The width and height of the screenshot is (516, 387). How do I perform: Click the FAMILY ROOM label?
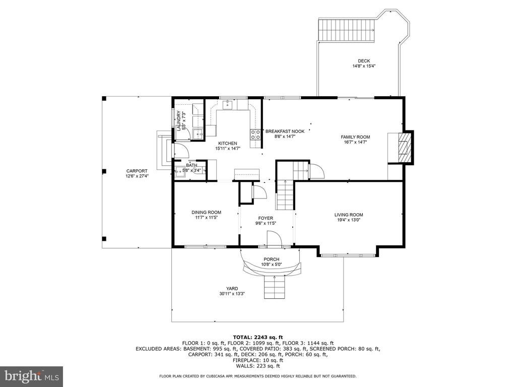355,137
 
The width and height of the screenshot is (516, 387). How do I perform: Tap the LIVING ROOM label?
349,215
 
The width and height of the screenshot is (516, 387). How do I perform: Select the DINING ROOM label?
206,212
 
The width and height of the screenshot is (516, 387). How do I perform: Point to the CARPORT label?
137,171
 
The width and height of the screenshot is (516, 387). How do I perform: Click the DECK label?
364,61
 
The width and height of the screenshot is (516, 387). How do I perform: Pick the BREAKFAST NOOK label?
285,132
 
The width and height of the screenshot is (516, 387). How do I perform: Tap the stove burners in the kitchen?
255,135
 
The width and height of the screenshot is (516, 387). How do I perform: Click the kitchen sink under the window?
227,105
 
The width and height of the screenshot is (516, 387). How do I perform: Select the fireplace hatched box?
404,147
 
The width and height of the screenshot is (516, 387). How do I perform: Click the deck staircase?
347,30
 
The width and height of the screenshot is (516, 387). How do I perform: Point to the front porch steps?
274,287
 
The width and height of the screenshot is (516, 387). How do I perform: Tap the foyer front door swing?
274,238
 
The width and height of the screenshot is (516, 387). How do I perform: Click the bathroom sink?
180,171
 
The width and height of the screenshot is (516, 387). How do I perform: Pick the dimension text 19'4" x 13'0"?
349,220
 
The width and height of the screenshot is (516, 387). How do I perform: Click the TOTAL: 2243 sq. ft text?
257,337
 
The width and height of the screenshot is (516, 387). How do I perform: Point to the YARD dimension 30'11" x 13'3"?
232,294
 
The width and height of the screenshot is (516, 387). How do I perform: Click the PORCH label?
272,260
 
